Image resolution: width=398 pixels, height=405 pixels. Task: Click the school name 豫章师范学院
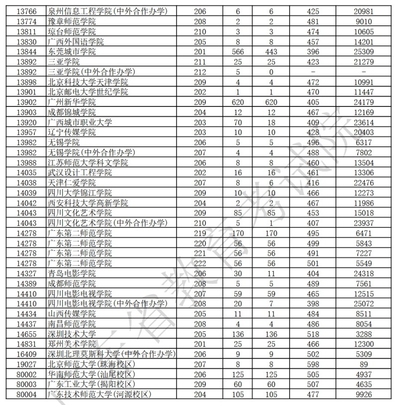(x=72, y=21)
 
